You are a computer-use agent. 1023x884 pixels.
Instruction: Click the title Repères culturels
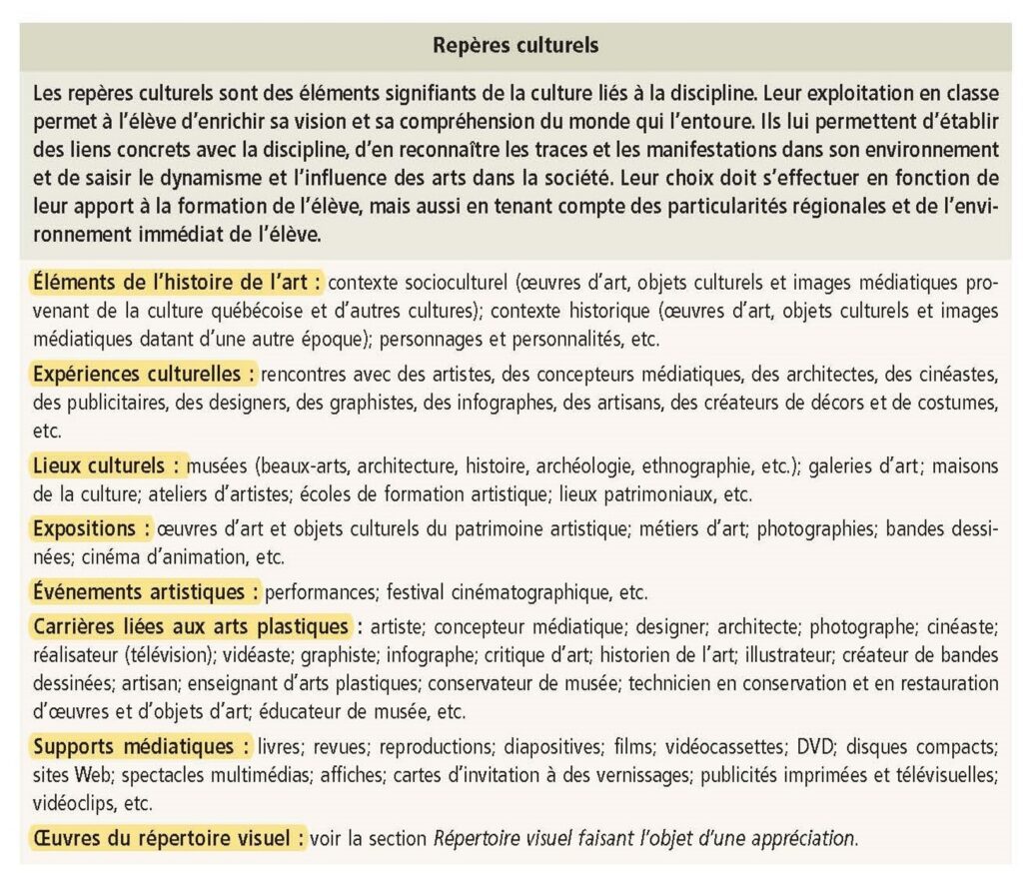(x=515, y=45)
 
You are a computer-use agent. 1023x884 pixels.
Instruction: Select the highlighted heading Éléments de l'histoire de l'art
(x=177, y=283)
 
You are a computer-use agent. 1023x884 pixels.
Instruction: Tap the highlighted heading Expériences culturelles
(x=144, y=375)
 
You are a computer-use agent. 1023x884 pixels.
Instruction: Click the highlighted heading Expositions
(x=92, y=527)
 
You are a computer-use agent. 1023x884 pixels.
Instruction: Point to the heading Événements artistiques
(x=145, y=591)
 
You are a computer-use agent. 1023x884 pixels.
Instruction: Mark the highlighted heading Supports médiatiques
(x=141, y=746)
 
